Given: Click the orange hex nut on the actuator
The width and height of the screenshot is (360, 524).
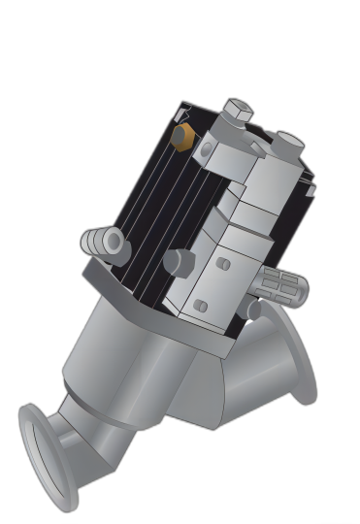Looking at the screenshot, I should tap(181, 136).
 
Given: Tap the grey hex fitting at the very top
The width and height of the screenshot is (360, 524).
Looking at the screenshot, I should tap(237, 112).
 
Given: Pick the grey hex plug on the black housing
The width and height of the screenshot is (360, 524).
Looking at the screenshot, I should tap(179, 261).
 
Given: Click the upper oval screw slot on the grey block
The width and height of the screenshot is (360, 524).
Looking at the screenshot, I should tap(223, 264).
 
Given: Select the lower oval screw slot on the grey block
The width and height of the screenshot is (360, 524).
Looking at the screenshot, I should tap(201, 306).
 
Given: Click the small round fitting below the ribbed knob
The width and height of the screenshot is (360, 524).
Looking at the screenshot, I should tap(254, 310).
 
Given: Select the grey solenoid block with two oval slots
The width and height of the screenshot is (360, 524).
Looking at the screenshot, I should tap(218, 277).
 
